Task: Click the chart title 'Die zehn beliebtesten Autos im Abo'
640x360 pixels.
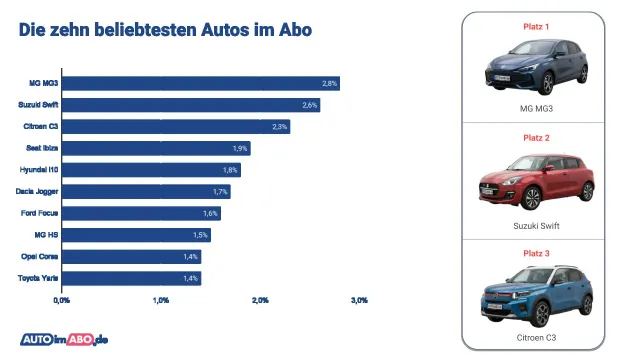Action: coord(165,29)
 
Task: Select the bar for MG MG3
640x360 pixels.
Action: coord(200,83)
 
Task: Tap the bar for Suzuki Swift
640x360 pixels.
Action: coord(190,105)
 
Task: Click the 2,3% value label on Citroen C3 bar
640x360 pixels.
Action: coord(279,127)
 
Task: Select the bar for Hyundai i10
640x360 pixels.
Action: coord(150,170)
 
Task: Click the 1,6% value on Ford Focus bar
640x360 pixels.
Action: coord(210,213)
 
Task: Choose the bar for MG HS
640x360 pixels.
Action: coord(135,235)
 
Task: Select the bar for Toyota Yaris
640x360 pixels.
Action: coord(130,278)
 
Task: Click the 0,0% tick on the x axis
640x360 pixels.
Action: coord(61,299)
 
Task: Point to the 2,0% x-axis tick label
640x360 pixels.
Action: coord(260,299)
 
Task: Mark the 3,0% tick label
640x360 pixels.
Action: coord(360,299)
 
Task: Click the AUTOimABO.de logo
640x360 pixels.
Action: coord(64,338)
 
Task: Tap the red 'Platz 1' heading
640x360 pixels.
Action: coord(536,25)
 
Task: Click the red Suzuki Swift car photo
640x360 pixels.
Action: coord(536,181)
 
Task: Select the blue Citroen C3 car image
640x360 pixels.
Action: coord(536,293)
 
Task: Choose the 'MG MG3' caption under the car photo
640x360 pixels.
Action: coord(536,108)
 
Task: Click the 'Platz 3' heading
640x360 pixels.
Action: coord(536,250)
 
